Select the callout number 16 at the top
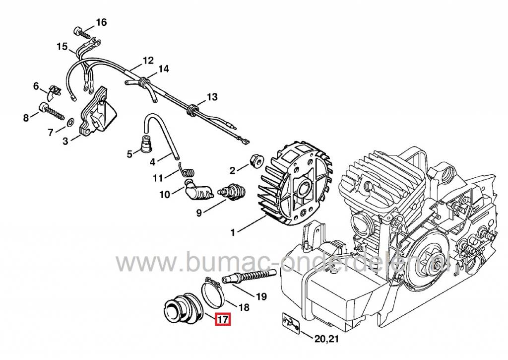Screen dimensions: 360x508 [x=101, y=22]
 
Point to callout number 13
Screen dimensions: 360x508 [x=212, y=97]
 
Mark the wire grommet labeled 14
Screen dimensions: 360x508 [x=143, y=79]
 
